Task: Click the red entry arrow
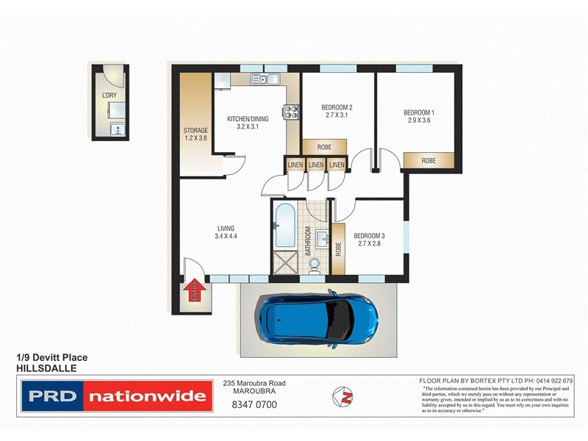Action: [x=195, y=292]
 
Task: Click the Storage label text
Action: [x=196, y=130]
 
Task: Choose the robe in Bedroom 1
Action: [x=428, y=160]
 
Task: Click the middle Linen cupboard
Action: [x=316, y=165]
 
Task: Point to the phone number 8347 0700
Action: [x=254, y=404]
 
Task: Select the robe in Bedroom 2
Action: [x=319, y=146]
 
